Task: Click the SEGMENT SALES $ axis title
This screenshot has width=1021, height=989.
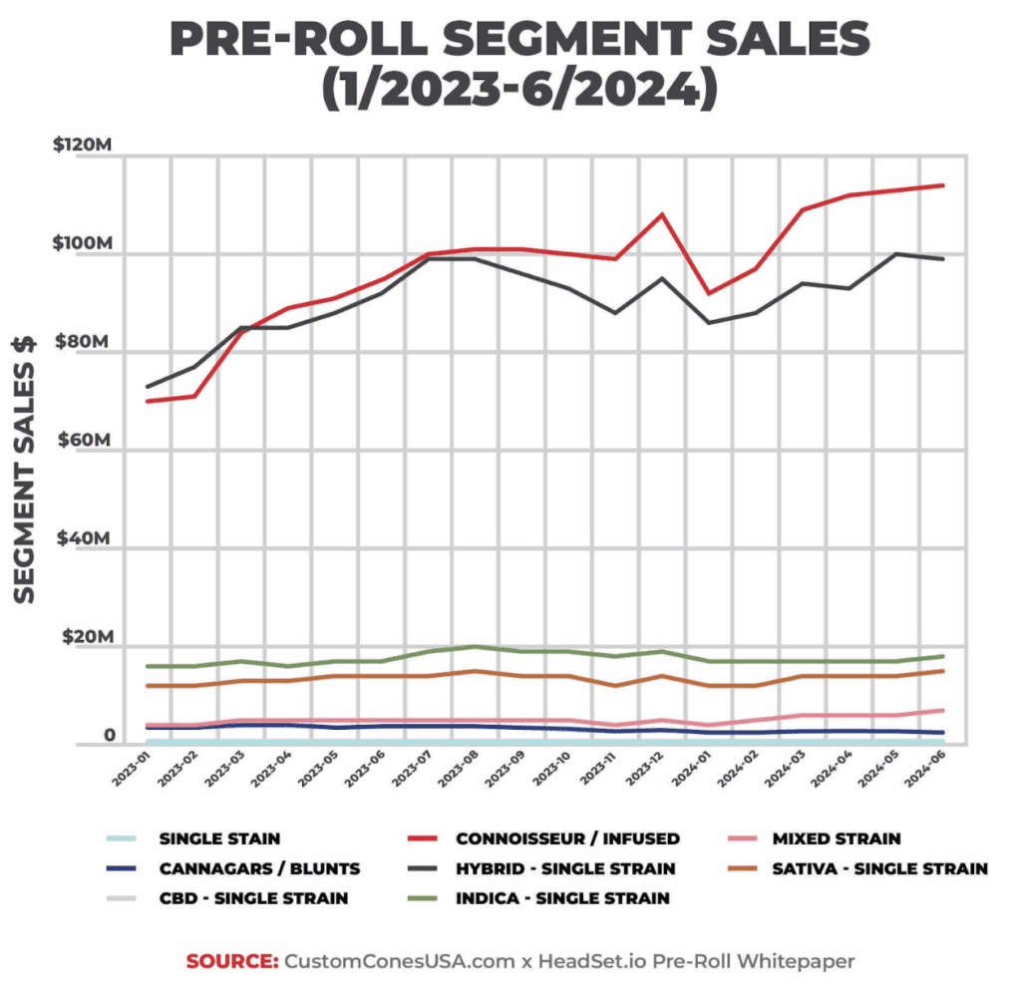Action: [25, 469]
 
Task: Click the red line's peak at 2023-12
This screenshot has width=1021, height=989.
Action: [662, 214]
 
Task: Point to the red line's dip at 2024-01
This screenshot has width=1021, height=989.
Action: [709, 293]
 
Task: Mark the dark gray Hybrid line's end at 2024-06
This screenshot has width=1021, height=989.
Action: [943, 259]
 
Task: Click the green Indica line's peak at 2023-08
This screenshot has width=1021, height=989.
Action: [475, 647]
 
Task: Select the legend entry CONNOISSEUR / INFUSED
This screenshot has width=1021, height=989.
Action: [567, 838]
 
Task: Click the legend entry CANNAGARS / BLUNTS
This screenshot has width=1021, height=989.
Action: [259, 868]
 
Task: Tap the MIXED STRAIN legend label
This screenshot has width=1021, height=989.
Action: [836, 838]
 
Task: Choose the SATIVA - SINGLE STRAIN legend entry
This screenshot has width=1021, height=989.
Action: [878, 868]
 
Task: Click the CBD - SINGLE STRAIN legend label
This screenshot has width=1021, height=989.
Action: [253, 898]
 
